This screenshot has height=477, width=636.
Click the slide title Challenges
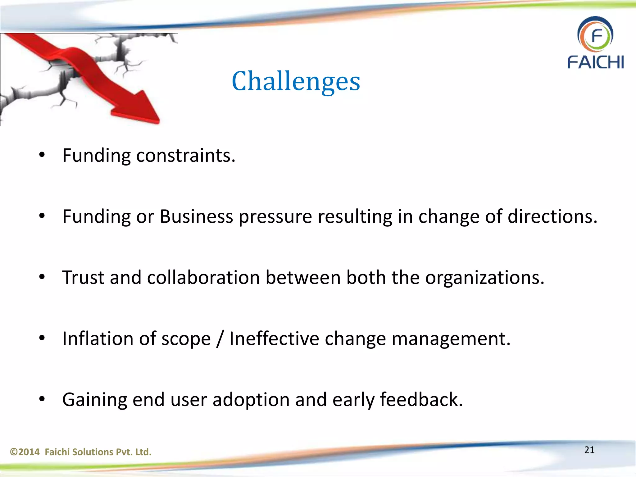(x=296, y=81)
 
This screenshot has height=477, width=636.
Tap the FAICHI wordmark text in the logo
(x=595, y=62)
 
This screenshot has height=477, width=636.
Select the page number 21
(x=589, y=450)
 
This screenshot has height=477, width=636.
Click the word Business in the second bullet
(x=196, y=216)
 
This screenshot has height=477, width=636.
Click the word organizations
(x=484, y=277)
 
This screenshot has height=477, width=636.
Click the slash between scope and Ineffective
(x=220, y=338)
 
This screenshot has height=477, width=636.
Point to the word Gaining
(x=94, y=400)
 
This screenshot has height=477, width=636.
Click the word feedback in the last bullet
(x=421, y=399)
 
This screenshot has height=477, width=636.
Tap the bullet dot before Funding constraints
(x=42, y=155)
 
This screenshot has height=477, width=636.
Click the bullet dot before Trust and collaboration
(x=42, y=277)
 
